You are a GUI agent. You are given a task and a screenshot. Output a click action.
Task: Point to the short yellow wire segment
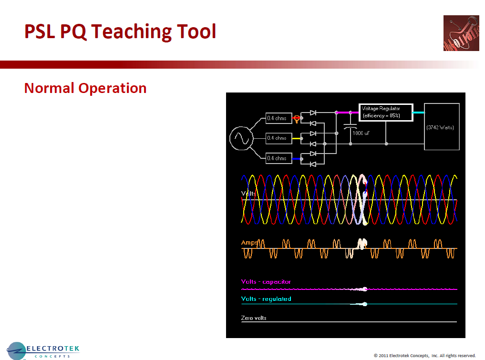pyautogui.click(x=297, y=138)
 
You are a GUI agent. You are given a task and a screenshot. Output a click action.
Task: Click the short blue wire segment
pyautogui.click(x=297, y=158)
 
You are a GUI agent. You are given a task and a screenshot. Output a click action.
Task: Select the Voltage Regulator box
pyautogui.click(x=385, y=112)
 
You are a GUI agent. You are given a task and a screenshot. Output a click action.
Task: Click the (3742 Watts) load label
pyautogui.click(x=440, y=127)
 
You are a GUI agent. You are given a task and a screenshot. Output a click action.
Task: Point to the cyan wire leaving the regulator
pyautogui.click(x=418, y=113)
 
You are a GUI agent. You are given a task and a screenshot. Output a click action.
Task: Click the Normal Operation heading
pyautogui.click(x=85, y=88)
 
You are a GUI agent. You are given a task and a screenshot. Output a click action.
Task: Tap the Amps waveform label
pyautogui.click(x=249, y=243)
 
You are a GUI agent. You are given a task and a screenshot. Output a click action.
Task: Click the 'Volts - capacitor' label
pyautogui.click(x=266, y=282)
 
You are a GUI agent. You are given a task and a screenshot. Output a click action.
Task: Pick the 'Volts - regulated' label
pyautogui.click(x=266, y=299)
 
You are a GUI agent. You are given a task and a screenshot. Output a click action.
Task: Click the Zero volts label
pyautogui.click(x=254, y=317)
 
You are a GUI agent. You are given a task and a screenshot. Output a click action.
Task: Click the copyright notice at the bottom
pyautogui.click(x=424, y=355)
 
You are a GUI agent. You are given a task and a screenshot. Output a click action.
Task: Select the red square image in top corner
pyautogui.click(x=461, y=33)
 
